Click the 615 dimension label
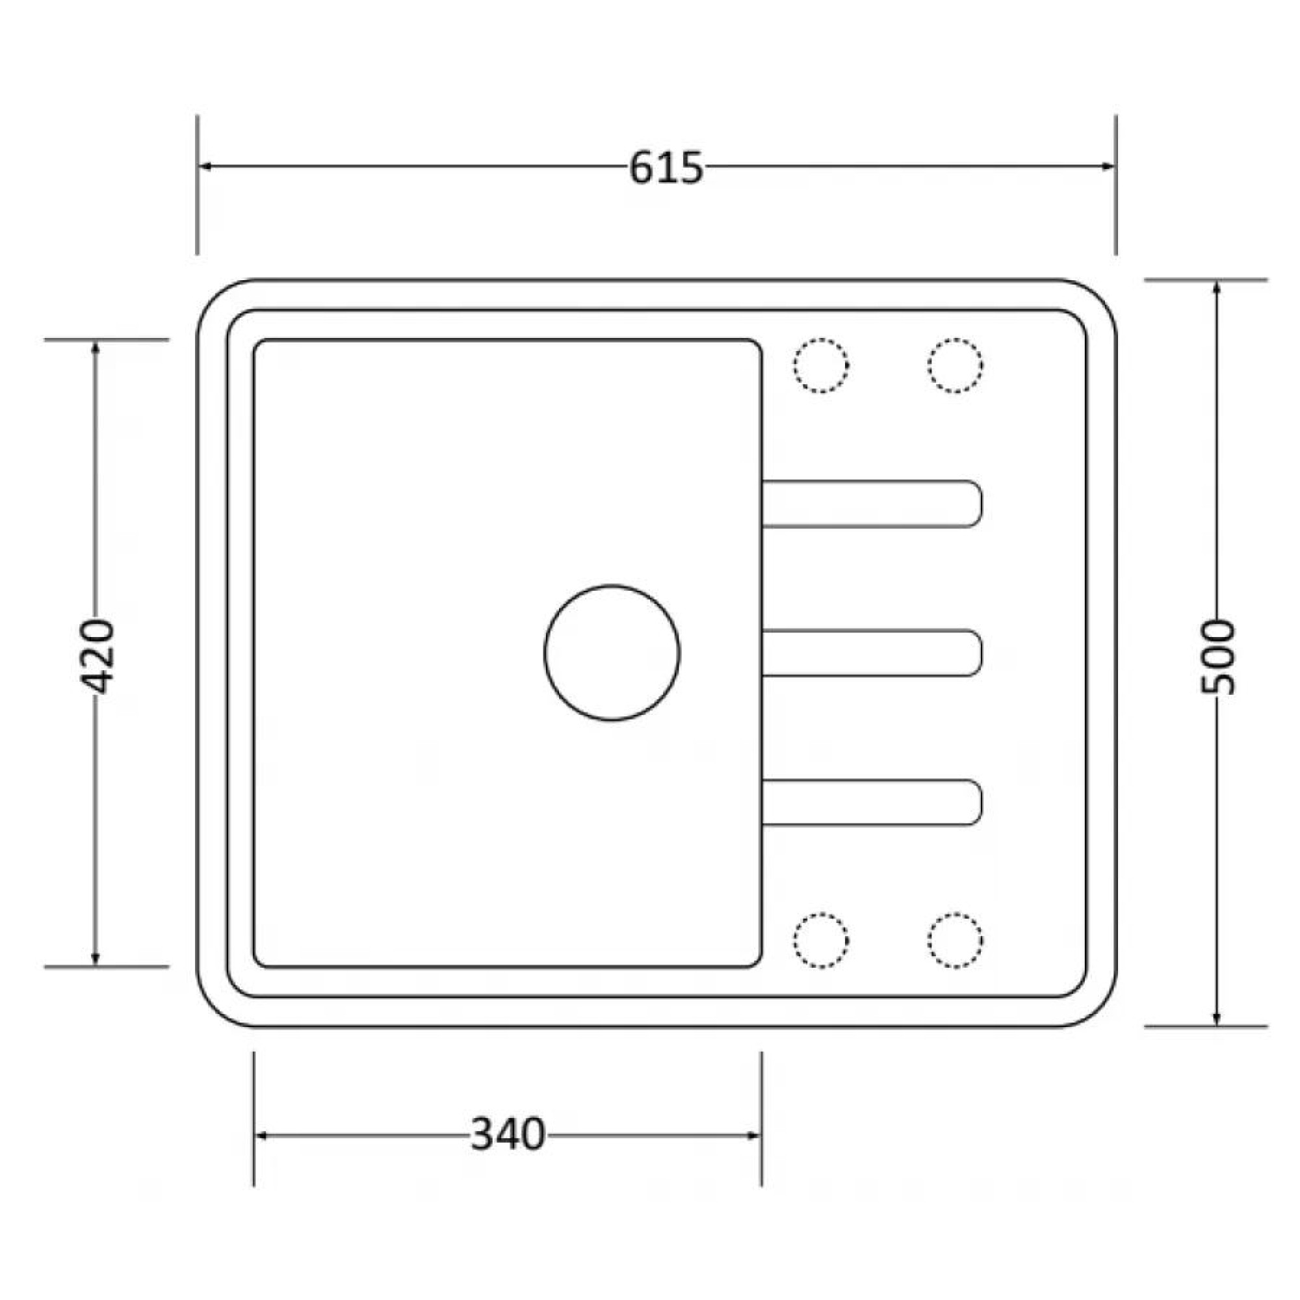(x=666, y=168)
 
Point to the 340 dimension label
(x=508, y=1134)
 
